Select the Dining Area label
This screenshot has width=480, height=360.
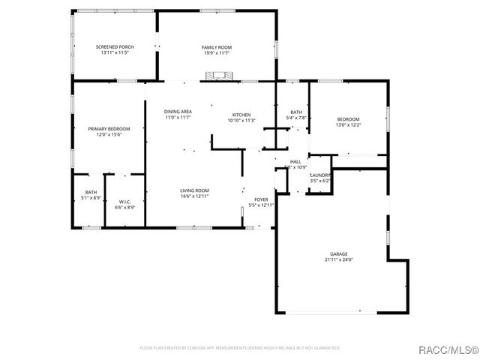pyautogui.click(x=178, y=112)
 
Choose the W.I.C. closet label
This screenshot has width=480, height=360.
pyautogui.click(x=125, y=201)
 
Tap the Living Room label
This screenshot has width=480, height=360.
pyautogui.click(x=194, y=190)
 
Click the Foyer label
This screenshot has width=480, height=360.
pyautogui.click(x=261, y=199)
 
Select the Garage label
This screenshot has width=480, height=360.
pyautogui.click(x=339, y=254)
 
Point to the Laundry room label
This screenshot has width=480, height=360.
pyautogui.click(x=321, y=175)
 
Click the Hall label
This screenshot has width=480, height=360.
pyautogui.click(x=295, y=161)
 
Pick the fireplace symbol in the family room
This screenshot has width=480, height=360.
pyautogui.click(x=218, y=75)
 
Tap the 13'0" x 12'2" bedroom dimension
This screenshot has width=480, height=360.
pyautogui.click(x=348, y=125)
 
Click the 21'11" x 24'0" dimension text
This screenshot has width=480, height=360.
pyautogui.click(x=339, y=260)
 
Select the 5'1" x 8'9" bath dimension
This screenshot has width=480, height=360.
pyautogui.click(x=91, y=197)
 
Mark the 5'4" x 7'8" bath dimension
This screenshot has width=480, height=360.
pyautogui.click(x=297, y=117)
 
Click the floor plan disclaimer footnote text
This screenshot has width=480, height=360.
pyautogui.click(x=240, y=348)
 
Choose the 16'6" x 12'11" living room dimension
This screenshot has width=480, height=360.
pyautogui.click(x=194, y=196)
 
